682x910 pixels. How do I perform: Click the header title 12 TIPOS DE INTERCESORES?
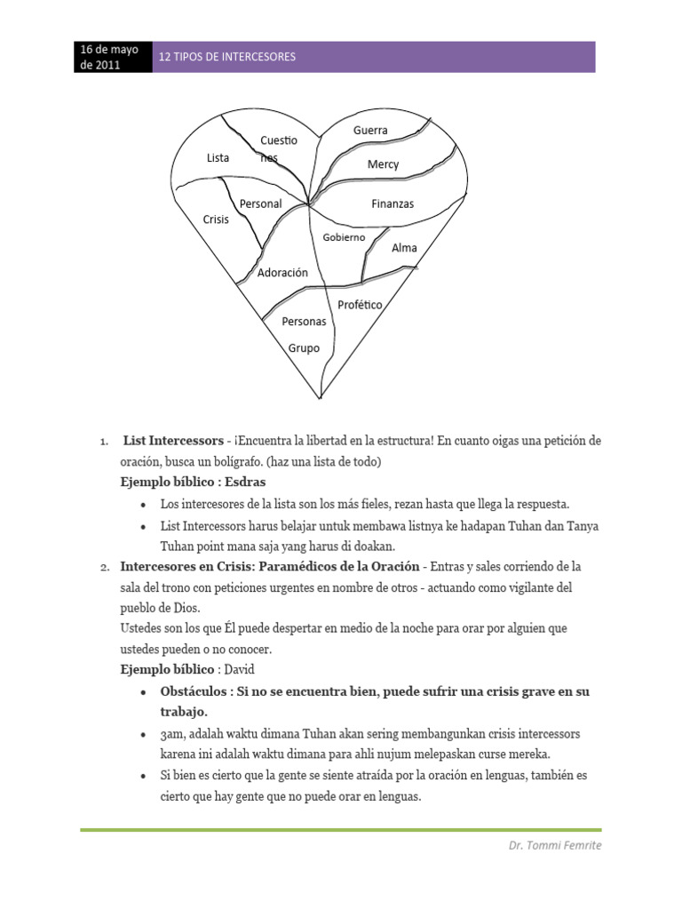tap(226, 57)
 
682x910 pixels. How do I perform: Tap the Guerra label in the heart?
tap(370, 130)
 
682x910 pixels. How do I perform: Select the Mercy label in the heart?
tap(383, 164)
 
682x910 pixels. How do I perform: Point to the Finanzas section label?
tap(392, 204)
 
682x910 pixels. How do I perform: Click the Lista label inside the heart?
tap(218, 158)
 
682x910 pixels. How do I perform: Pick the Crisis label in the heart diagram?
tap(216, 219)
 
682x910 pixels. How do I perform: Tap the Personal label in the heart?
tap(260, 204)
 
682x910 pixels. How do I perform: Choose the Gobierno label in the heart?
tap(344, 237)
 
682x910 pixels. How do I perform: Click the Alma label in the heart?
tap(404, 248)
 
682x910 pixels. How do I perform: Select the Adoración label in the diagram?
tap(282, 273)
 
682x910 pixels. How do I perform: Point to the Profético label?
tap(360, 305)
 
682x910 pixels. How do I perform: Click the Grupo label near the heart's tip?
tap(304, 348)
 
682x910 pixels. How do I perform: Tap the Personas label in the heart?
tap(304, 321)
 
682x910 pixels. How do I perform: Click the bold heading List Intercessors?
tap(173, 441)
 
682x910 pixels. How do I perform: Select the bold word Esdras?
tap(244, 482)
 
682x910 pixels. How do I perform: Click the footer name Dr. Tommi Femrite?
tap(548, 845)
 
